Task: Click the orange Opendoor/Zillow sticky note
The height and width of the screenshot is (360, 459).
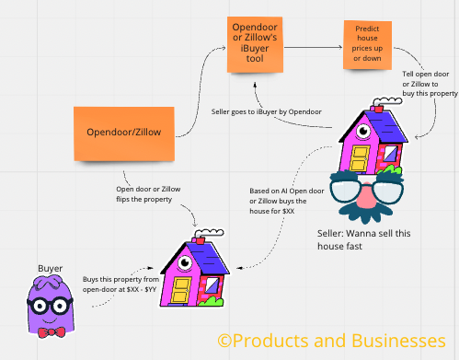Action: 124,132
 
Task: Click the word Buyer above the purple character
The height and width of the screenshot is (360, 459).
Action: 50,269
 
